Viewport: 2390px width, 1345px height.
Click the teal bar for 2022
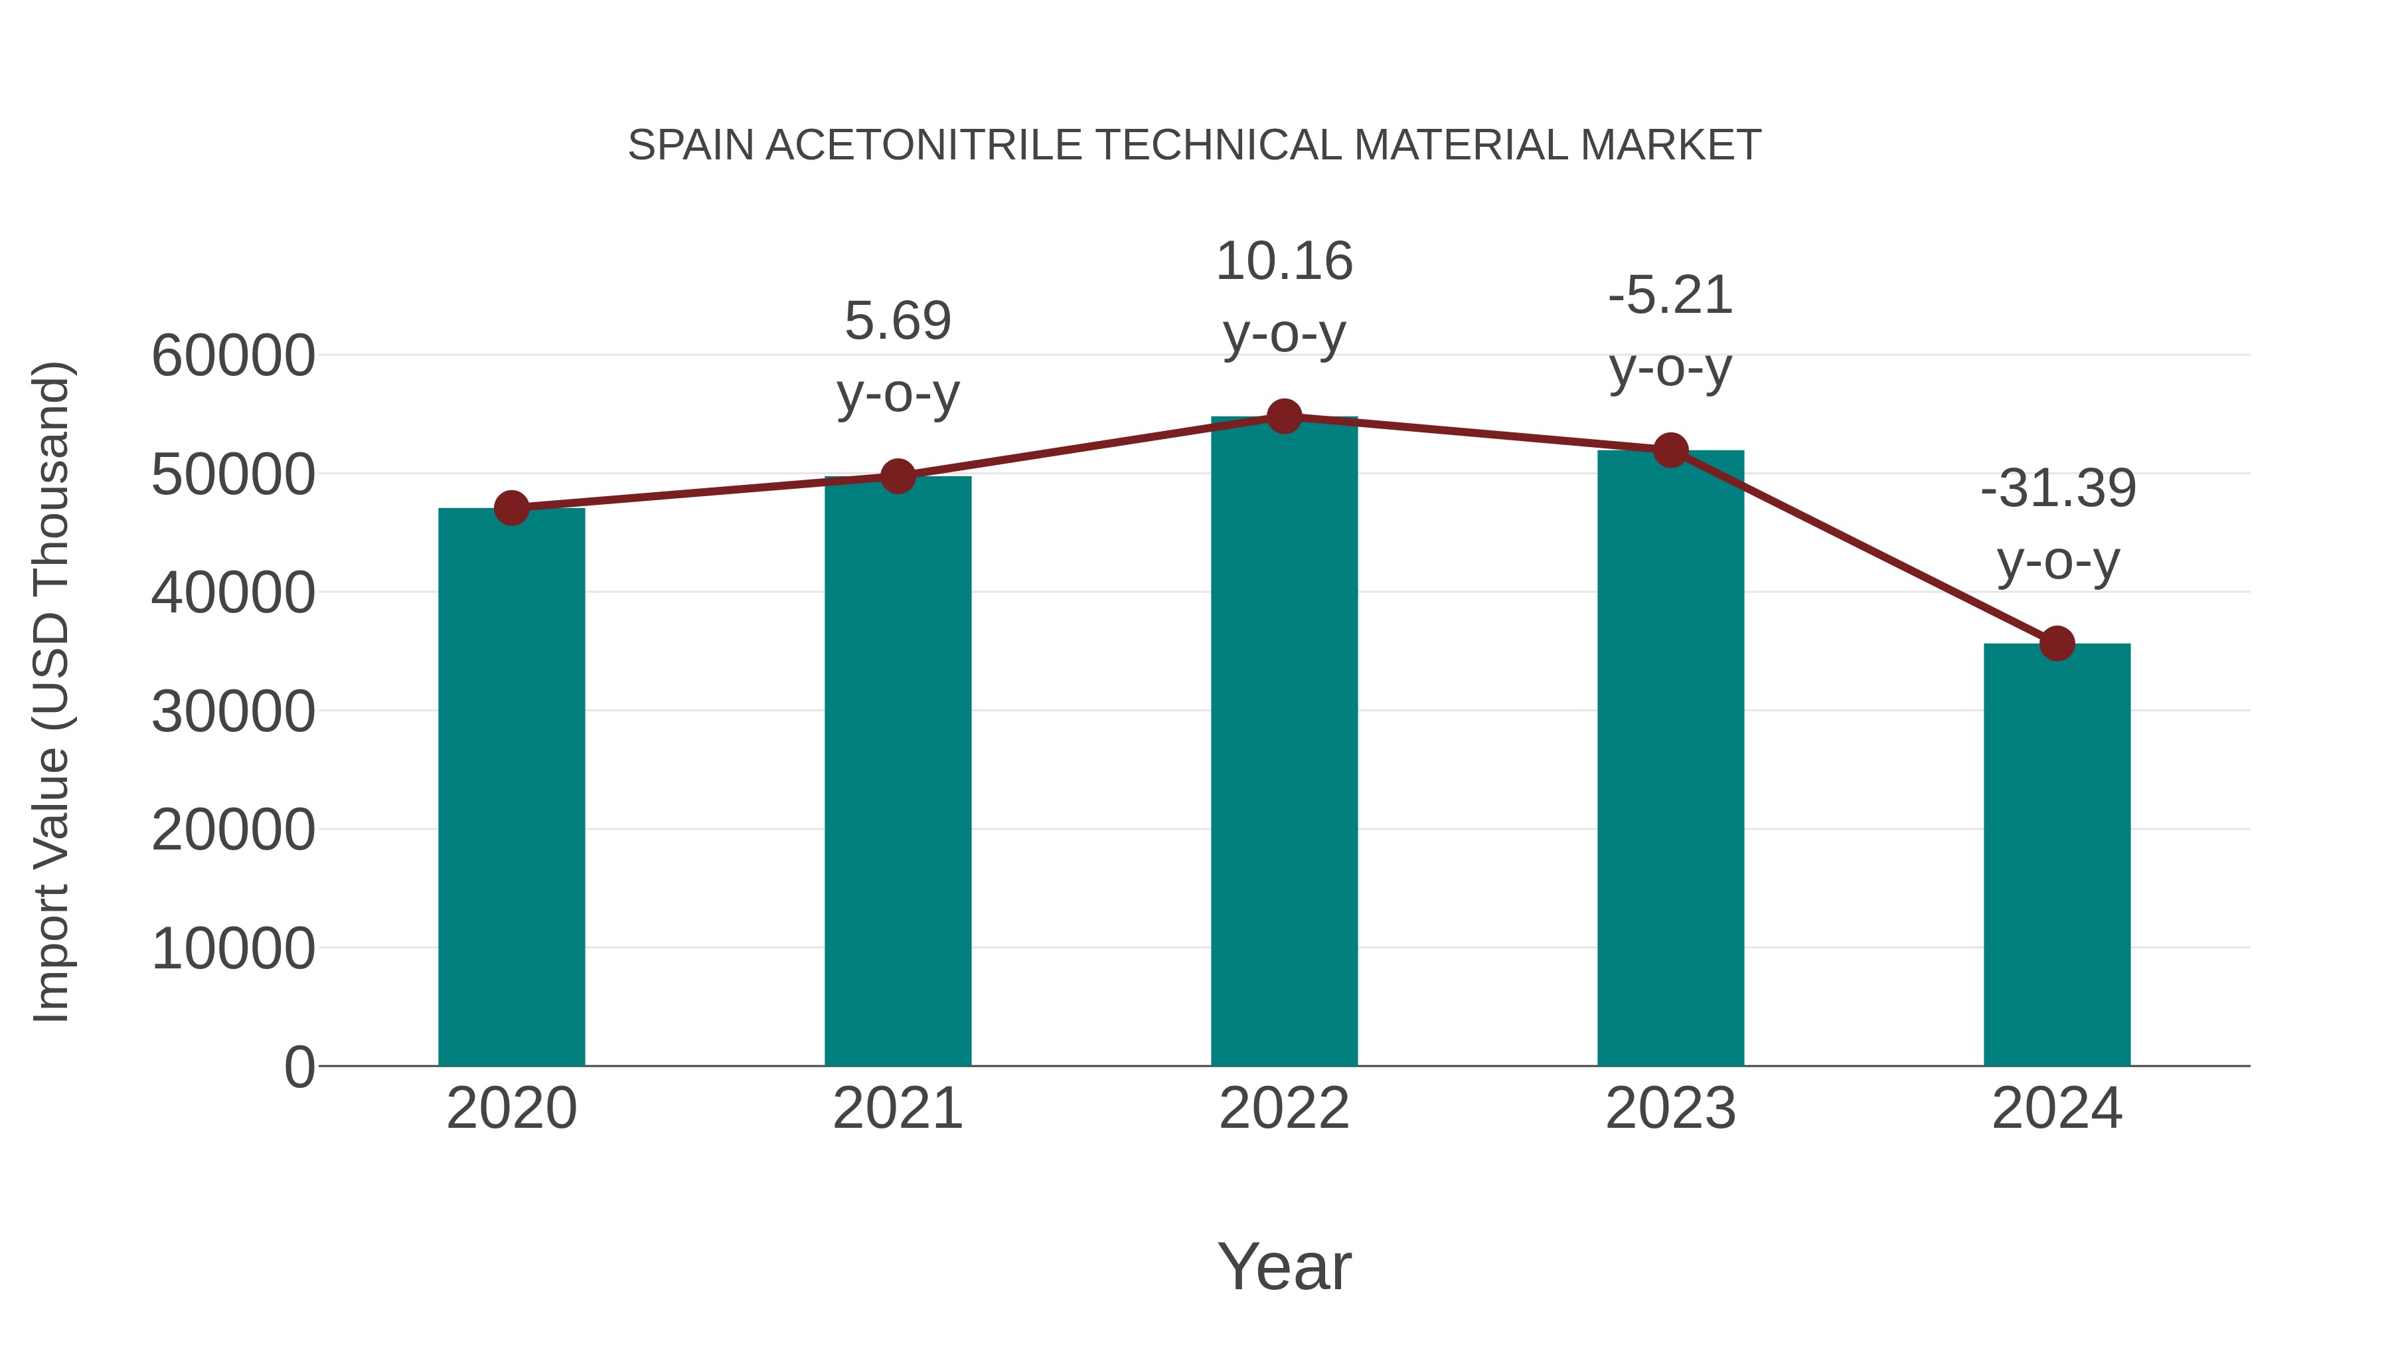[1284, 743]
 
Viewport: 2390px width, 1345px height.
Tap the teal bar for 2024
[2057, 854]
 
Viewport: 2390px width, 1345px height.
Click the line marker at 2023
[1670, 450]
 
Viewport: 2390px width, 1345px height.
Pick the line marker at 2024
[2057, 643]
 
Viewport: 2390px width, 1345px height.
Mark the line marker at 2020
[511, 507]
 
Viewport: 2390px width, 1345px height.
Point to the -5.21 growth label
[1670, 331]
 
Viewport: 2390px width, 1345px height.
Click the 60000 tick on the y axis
[233, 355]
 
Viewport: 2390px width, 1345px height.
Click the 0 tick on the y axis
[299, 1067]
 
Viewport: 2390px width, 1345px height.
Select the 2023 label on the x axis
[1670, 1109]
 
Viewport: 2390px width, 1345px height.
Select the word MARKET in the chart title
[1670, 145]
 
